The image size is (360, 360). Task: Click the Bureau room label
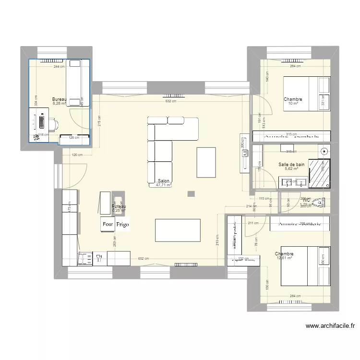pos(59,99)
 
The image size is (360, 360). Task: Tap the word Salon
pos(163,181)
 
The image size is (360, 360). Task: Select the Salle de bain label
pos(291,165)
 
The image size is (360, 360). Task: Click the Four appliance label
pos(107,224)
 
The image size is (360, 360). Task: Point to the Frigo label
pos(122,224)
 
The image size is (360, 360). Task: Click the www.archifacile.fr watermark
pos(331,326)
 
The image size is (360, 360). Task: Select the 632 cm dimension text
pos(170,101)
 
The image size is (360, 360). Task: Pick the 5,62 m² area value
pos(291,169)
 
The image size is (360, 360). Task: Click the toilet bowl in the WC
pos(318,203)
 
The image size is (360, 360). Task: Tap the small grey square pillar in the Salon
pos(192,194)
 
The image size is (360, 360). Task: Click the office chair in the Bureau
pos(53,125)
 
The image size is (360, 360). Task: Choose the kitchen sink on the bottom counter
pos(86,259)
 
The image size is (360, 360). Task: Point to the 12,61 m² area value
pos(284,258)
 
